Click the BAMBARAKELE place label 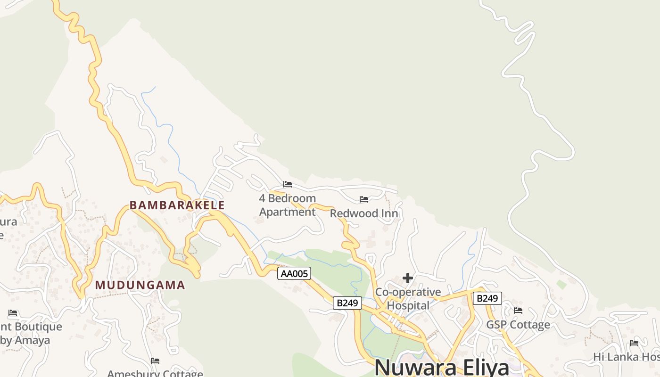pos(177,205)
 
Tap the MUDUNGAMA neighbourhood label pos(140,285)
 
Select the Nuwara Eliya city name pos(442,367)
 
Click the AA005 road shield pos(294,273)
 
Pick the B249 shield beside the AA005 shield pos(347,303)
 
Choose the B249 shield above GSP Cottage pos(487,298)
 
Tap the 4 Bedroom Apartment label pos(287,205)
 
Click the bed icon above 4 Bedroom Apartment pos(288,184)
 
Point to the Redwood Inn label pos(363,213)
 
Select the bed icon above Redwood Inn pos(364,199)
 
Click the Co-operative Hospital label pos(408,299)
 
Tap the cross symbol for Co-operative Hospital pos(408,278)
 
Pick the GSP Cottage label pos(518,325)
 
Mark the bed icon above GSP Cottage pos(518,310)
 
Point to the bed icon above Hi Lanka pos(634,343)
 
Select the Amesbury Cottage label pos(155,374)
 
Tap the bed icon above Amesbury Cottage pos(155,361)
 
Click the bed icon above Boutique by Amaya pos(13,312)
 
